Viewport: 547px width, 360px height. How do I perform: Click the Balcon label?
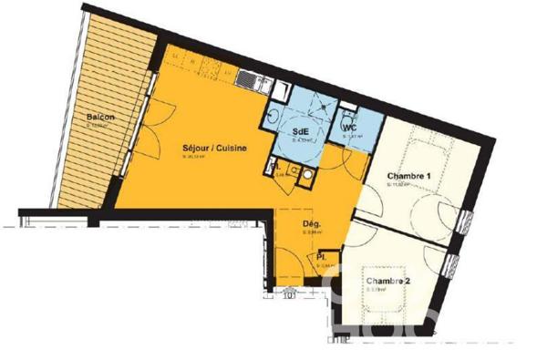[100, 118]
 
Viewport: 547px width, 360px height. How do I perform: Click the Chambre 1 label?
[408, 175]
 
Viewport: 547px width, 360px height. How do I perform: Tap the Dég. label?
[311, 223]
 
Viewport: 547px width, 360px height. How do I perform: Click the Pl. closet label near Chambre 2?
[323, 258]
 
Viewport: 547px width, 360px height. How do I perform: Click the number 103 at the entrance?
[289, 293]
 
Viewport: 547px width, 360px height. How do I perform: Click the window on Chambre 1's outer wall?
[467, 220]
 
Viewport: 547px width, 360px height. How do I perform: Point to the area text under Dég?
[310, 232]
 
